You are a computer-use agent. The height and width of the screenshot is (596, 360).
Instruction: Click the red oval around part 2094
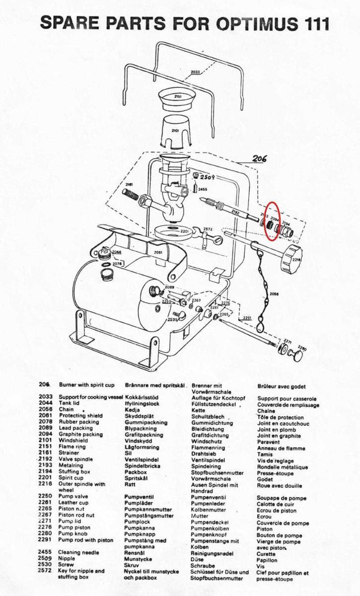pyautogui.click(x=272, y=221)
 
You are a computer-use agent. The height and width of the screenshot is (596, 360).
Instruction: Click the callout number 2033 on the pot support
pyautogui.click(x=195, y=72)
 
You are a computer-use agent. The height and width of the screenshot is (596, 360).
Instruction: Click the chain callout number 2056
pyautogui.click(x=274, y=294)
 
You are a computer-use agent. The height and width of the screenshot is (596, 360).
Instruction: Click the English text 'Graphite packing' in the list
pyautogui.click(x=80, y=435)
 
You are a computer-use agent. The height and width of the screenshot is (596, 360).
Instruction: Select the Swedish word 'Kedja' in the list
pyautogui.click(x=132, y=410)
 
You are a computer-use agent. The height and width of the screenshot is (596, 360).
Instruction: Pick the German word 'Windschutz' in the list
pyautogui.click(x=205, y=441)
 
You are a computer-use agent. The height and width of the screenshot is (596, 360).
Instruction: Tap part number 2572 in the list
pyautogui.click(x=45, y=571)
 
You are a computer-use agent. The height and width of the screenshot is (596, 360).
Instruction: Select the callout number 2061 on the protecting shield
pyautogui.click(x=158, y=252)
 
